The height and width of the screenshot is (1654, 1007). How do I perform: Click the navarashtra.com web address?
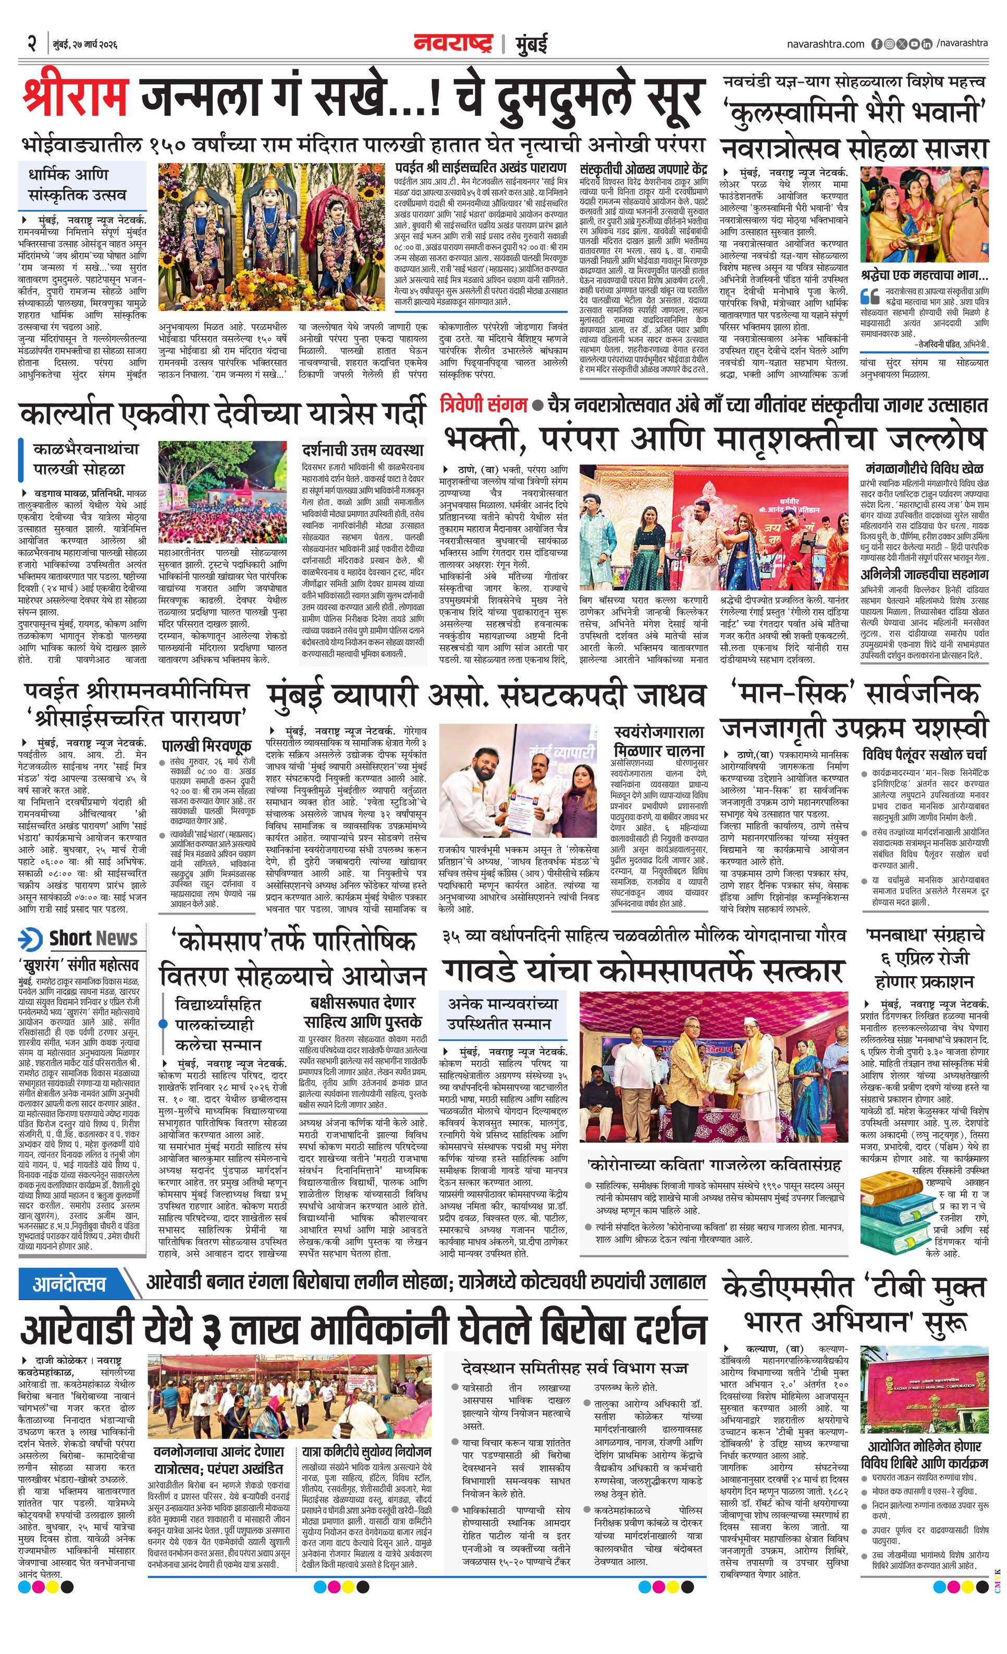(x=825, y=44)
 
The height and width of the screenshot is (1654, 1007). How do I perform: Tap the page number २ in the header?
(x=31, y=44)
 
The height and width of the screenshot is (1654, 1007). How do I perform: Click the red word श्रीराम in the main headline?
(x=75, y=98)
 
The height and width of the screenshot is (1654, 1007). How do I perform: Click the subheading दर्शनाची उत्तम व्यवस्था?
(x=362, y=448)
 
